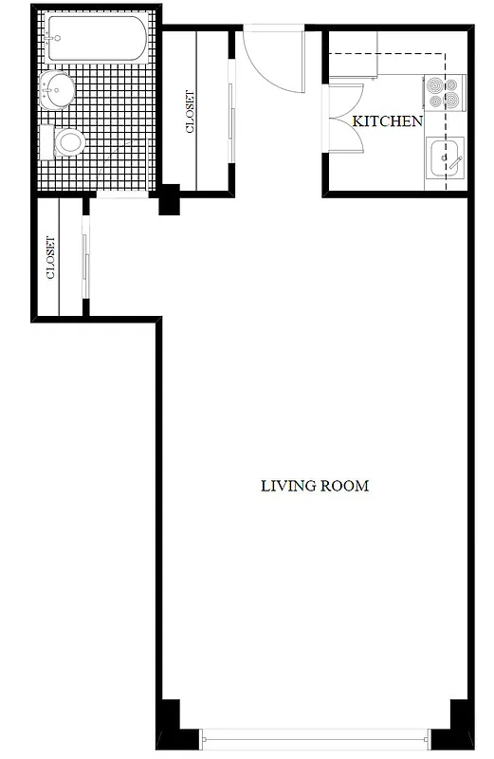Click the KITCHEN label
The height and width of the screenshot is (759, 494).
click(387, 121)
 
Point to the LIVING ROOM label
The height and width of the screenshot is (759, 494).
click(314, 486)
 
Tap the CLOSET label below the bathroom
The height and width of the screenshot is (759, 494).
click(49, 257)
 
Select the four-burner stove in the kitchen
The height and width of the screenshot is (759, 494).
click(444, 92)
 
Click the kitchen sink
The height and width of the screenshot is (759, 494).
click(445, 157)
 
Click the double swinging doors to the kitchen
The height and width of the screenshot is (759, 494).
click(343, 118)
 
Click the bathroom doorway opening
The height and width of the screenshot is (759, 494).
click(121, 195)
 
